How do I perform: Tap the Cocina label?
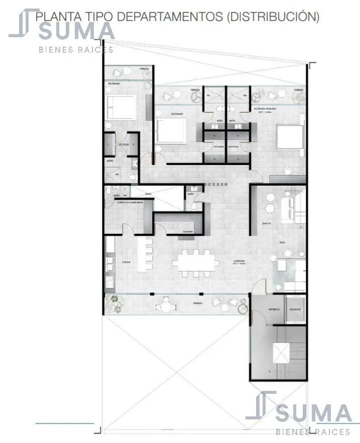click(126, 262)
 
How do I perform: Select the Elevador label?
click(294, 310)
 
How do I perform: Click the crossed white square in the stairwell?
click(280, 353)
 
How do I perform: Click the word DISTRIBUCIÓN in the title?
click(274, 16)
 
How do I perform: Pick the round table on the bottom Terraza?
click(165, 303)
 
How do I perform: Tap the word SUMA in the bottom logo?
click(313, 414)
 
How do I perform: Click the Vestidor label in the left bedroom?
click(124, 144)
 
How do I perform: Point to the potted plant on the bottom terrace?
click(115, 300)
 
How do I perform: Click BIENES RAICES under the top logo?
click(76, 49)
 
